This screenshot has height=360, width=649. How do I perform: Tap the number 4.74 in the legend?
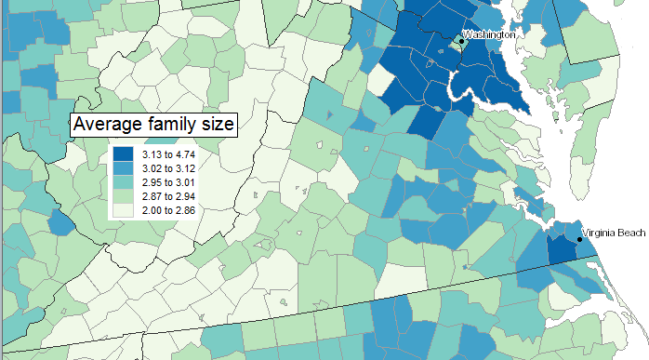(185, 153)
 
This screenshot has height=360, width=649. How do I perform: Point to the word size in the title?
(216, 125)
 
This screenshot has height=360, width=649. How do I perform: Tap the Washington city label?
(489, 34)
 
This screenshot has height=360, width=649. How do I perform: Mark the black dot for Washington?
(460, 41)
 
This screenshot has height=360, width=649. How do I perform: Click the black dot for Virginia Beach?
(578, 240)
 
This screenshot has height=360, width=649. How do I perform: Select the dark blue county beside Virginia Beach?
(561, 248)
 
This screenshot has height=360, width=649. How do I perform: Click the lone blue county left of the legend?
(61, 221)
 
